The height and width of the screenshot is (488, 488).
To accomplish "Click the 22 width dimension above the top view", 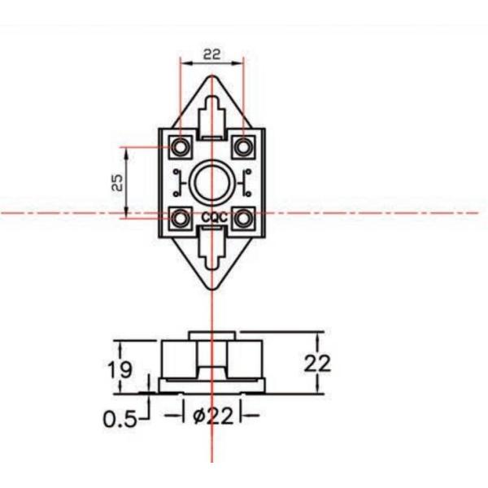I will pos(211,54).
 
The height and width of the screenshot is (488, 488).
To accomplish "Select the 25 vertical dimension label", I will pos(117,182).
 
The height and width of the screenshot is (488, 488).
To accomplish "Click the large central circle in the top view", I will pos(211,182).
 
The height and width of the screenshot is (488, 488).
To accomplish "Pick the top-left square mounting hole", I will pos(181,147).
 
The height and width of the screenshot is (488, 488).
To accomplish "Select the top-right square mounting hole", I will pos(242,147).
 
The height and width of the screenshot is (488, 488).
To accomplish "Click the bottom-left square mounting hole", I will pos(181,218).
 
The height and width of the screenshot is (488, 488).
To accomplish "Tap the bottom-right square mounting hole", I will pos(242,218).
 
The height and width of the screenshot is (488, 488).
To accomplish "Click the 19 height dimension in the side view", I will pos(121,369).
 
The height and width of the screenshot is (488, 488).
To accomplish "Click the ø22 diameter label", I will pos(212,416).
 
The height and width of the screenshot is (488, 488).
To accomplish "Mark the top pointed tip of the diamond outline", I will pos(211,77).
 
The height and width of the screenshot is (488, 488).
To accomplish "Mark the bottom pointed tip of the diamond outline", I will pos(211,289).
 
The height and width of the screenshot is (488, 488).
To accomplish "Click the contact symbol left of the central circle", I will pos(177,182).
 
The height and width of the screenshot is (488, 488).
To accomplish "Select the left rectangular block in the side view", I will pos(179,359).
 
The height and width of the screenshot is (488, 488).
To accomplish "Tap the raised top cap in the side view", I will pos(211,335).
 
